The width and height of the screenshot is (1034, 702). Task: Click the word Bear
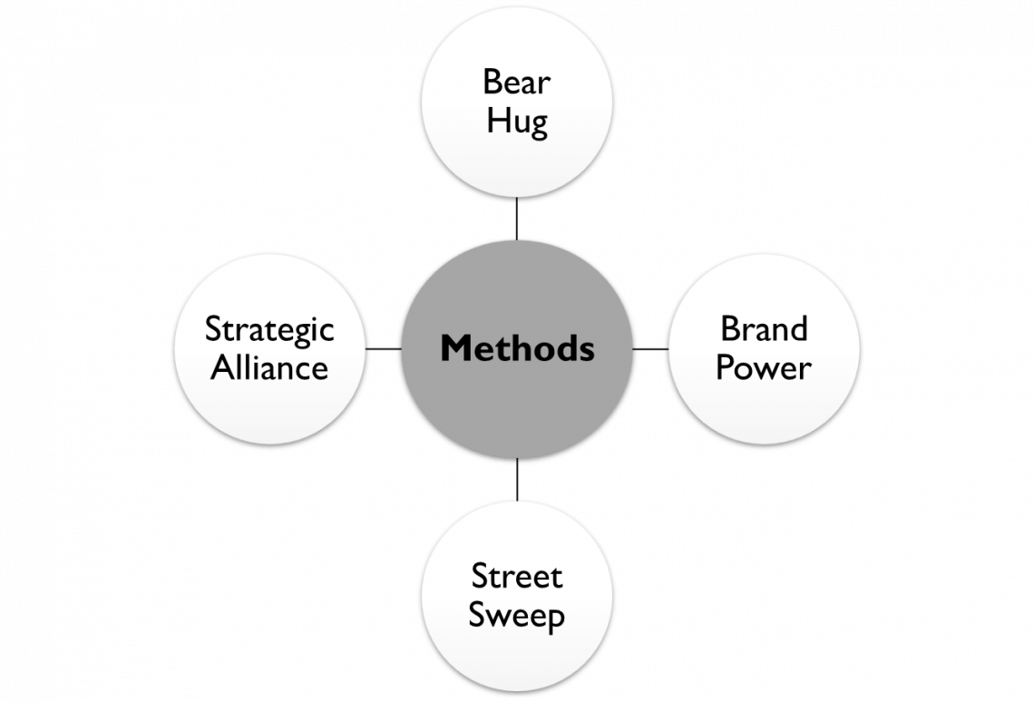(516, 83)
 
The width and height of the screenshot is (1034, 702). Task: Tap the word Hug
(516, 122)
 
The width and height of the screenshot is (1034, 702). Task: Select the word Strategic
(269, 330)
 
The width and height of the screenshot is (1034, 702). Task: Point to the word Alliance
(269, 368)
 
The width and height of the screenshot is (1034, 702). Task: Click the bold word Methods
(517, 348)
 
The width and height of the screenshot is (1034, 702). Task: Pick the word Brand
(764, 328)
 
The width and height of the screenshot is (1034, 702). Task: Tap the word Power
(764, 368)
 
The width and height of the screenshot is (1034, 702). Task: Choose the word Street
(516, 576)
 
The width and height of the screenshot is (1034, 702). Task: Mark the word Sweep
(516, 615)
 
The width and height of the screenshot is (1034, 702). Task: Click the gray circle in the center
(517, 390)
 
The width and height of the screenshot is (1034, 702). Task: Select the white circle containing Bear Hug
(517, 154)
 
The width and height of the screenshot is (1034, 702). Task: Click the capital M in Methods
(454, 348)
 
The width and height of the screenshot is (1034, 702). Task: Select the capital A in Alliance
(221, 368)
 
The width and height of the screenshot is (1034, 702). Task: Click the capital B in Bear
(492, 83)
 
